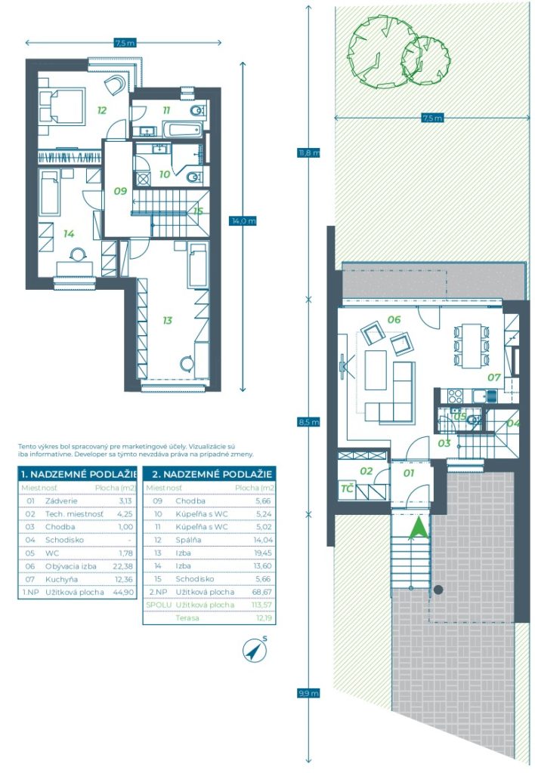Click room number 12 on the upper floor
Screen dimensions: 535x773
[x=102, y=110]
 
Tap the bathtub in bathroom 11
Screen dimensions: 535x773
[x=183, y=131]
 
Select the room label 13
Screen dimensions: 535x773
[x=167, y=320]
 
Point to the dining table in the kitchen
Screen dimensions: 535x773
[x=472, y=345]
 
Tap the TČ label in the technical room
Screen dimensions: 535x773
[x=348, y=488]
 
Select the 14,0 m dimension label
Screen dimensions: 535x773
[x=243, y=221]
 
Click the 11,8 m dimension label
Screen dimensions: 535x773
[x=308, y=152]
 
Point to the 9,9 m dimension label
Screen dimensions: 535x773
[x=308, y=693]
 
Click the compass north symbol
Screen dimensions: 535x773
[x=255, y=650]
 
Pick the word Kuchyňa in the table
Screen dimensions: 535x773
[x=61, y=579]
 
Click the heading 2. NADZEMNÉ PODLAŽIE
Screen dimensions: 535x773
[x=212, y=474]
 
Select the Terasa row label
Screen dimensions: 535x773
[x=187, y=617]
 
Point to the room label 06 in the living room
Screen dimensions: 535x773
[x=394, y=319]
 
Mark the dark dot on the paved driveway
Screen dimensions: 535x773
[x=438, y=589]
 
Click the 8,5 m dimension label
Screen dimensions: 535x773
[x=308, y=422]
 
